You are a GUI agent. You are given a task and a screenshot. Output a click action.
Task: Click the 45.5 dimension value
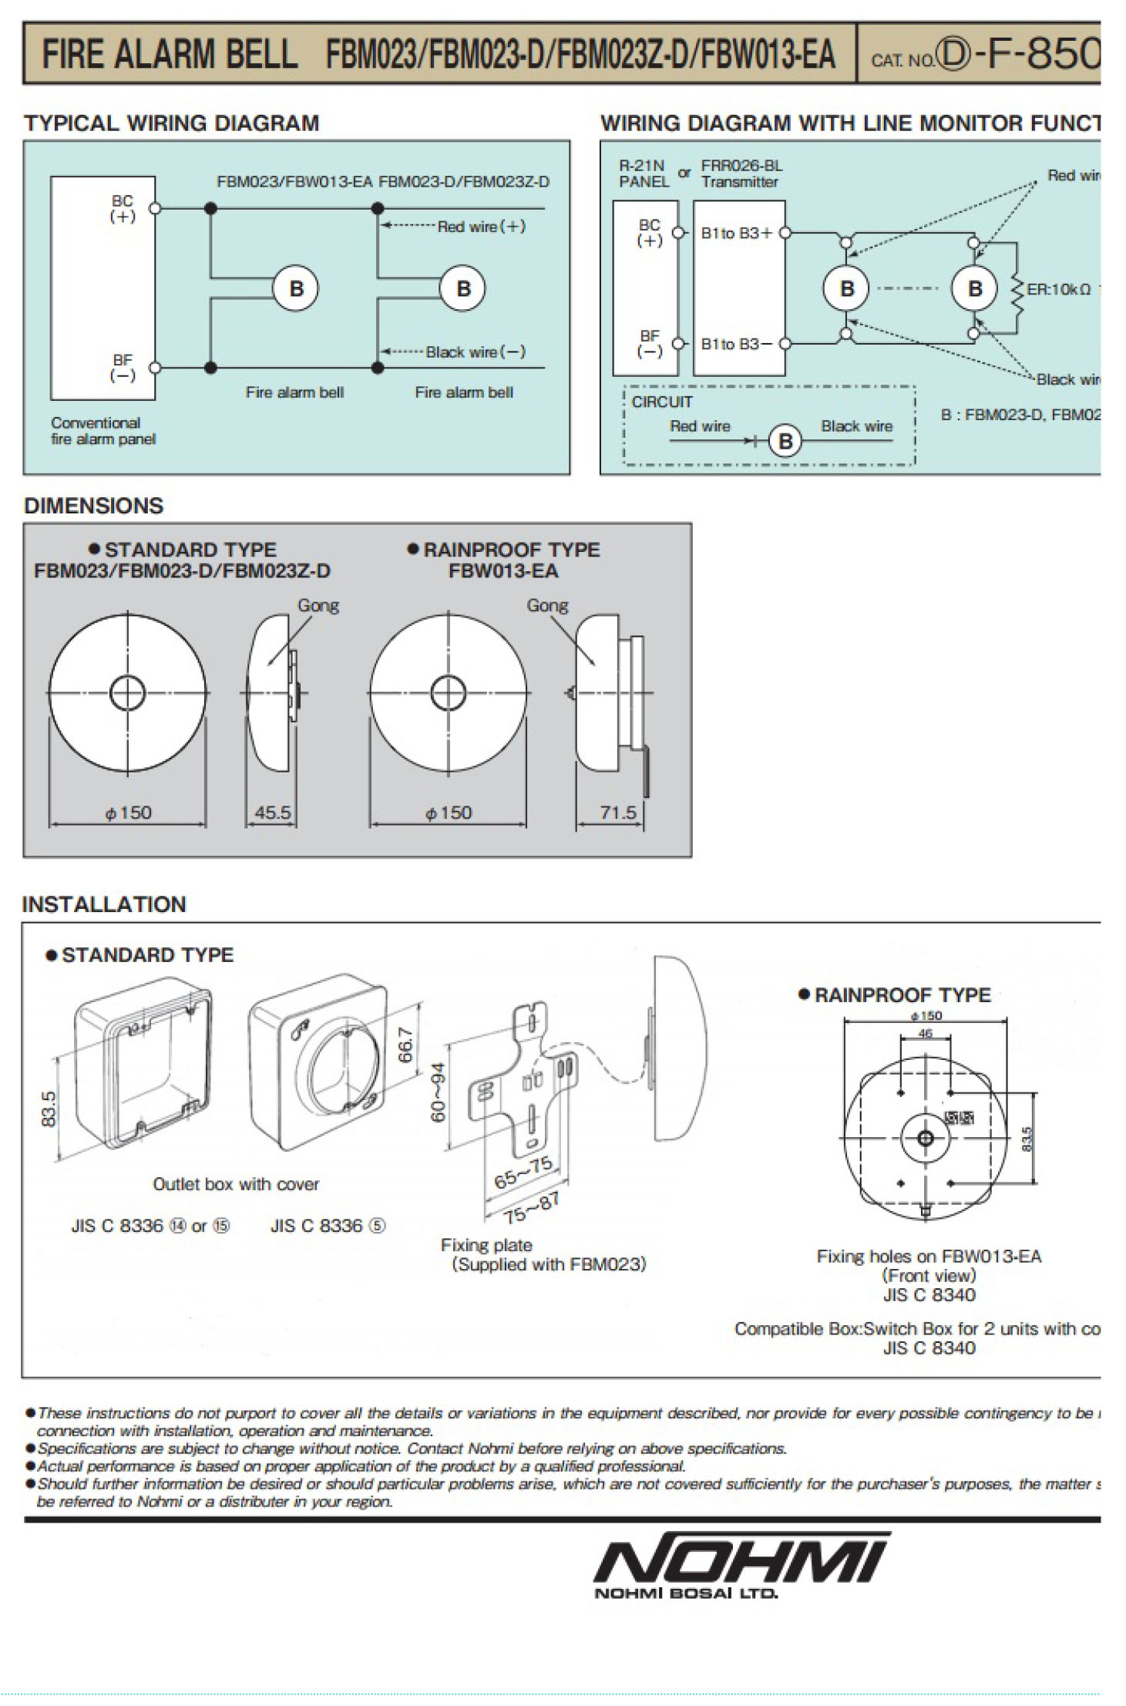(273, 813)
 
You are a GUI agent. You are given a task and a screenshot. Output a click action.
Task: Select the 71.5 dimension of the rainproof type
(618, 813)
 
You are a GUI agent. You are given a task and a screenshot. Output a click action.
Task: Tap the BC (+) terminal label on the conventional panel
(123, 209)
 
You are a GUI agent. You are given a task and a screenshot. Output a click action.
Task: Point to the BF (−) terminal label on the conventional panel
(123, 368)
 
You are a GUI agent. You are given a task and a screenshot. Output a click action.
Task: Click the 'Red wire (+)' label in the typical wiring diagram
(481, 227)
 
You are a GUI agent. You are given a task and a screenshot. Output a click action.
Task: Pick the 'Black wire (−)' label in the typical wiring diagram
(476, 352)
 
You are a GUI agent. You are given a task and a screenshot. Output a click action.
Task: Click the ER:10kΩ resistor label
(1058, 290)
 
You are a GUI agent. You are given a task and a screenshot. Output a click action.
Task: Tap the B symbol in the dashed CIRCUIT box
(785, 441)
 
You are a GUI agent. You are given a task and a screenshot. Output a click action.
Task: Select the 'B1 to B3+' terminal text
(736, 234)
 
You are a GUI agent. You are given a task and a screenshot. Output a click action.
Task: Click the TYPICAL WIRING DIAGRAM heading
(171, 123)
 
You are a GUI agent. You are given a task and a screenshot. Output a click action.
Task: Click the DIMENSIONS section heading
(93, 506)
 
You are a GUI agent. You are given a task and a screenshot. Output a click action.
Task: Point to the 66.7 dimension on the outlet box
(406, 1045)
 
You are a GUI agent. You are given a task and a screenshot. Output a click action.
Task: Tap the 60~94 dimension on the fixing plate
(438, 1092)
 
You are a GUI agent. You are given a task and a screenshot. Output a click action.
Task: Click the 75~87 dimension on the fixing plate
(532, 1209)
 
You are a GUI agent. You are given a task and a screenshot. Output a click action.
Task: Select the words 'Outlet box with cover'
(235, 1184)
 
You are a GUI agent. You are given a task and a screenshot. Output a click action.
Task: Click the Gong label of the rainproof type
(547, 606)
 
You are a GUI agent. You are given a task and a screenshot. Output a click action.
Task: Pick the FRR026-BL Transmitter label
(740, 174)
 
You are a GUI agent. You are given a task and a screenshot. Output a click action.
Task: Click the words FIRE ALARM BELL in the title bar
(169, 55)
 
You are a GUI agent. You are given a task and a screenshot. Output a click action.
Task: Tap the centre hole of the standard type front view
(127, 693)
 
